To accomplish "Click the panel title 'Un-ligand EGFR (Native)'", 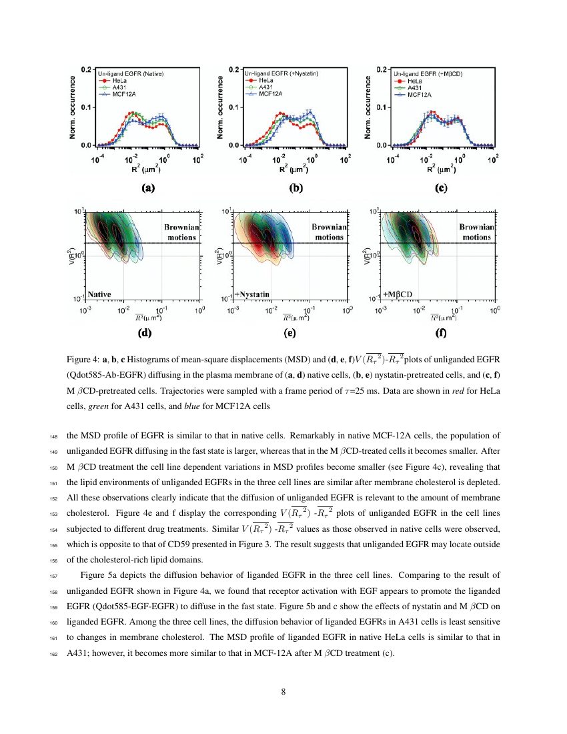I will click(131, 72).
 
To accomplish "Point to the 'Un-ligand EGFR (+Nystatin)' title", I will click(281, 72).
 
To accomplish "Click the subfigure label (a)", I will click(147, 188).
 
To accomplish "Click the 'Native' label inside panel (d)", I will click(99, 294).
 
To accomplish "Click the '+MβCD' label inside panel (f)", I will click(398, 294).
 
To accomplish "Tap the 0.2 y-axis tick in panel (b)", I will click(233, 69).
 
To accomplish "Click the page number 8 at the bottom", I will click(283, 691).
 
